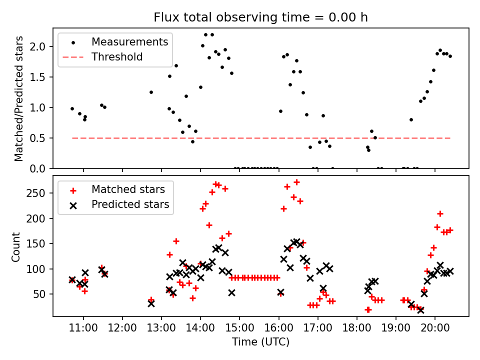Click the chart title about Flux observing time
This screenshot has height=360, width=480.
260,17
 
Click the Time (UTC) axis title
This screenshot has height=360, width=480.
260,342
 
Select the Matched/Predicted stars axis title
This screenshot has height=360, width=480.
19,98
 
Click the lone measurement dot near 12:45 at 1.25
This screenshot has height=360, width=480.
151,92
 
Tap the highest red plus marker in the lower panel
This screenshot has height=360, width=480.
296,182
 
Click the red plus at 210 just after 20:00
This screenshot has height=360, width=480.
440,213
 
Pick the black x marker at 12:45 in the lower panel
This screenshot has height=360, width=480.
151,303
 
